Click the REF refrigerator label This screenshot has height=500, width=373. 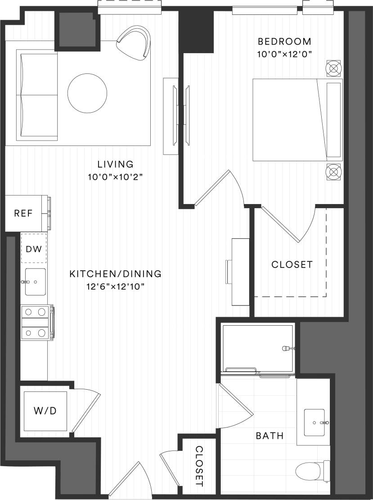pyautogui.click(x=23, y=213)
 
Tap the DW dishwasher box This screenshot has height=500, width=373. pyautogui.click(x=34, y=248)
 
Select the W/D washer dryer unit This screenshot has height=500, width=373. pyautogui.click(x=45, y=411)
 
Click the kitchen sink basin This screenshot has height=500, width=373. pyautogui.click(x=36, y=282)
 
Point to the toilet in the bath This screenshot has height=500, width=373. pyautogui.click(x=310, y=472)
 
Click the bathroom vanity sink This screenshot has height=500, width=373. pyautogui.click(x=314, y=423)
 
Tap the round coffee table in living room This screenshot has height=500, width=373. pyautogui.click(x=87, y=94)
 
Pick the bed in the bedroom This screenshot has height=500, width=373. pyautogui.click(x=297, y=120)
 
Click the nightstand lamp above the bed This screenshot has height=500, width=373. pyautogui.click(x=333, y=68)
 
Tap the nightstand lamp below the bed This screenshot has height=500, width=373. pyautogui.click(x=333, y=171)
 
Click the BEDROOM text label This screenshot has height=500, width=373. pyautogui.click(x=284, y=42)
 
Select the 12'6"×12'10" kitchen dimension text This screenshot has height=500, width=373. pyautogui.click(x=115, y=286)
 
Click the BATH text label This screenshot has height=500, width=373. pyautogui.click(x=270, y=436)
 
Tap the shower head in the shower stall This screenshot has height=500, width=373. pyautogui.click(x=286, y=348)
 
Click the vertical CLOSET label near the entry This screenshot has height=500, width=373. pyautogui.click(x=199, y=466)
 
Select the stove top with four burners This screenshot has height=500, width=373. pyautogui.click(x=36, y=322)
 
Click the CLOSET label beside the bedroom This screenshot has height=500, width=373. pyautogui.click(x=292, y=264)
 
